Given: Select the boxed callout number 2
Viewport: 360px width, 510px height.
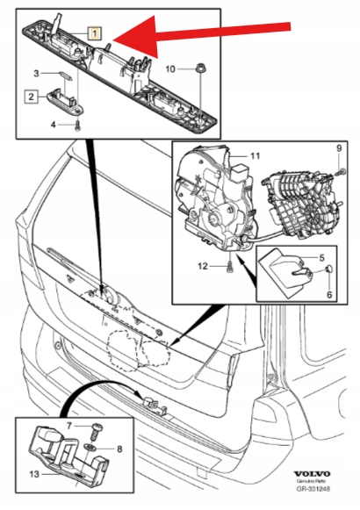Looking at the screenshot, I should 30,97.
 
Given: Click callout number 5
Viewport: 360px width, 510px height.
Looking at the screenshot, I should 321,258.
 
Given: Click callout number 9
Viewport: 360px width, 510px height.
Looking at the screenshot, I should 340,148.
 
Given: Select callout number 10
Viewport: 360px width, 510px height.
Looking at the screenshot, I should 172,68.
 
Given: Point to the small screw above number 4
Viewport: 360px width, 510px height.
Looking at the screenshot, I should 76,125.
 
